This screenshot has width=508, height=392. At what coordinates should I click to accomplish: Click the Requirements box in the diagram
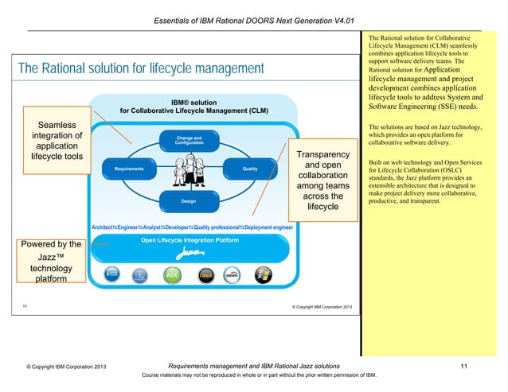(x=128, y=169)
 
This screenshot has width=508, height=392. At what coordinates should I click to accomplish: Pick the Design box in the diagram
(x=189, y=202)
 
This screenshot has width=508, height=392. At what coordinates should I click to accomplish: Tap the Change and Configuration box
(x=189, y=141)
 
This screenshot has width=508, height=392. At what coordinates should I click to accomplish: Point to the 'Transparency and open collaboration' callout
(x=323, y=180)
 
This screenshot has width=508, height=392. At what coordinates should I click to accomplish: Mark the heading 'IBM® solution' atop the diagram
(x=193, y=102)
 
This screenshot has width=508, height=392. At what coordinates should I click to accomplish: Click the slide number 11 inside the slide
(x=25, y=306)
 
